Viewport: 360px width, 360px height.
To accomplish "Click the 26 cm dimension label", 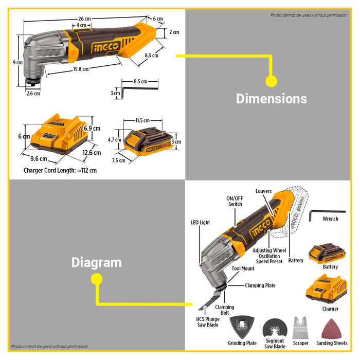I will pyautogui.click(x=84, y=19).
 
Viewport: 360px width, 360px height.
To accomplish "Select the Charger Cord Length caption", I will pyautogui.click(x=60, y=170).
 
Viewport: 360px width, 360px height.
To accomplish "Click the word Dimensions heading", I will pyautogui.click(x=271, y=99).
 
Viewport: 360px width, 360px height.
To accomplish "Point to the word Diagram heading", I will pyautogui.click(x=97, y=263).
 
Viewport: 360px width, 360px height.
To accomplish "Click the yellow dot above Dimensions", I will pyautogui.click(x=271, y=81).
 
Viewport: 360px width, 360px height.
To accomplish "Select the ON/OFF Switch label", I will pyautogui.click(x=235, y=202).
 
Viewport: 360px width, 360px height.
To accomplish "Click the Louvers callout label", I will pyautogui.click(x=263, y=191).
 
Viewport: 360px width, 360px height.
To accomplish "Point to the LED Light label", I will pyautogui.click(x=201, y=223).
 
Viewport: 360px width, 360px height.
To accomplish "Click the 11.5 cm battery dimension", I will pyautogui.click(x=142, y=120).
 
